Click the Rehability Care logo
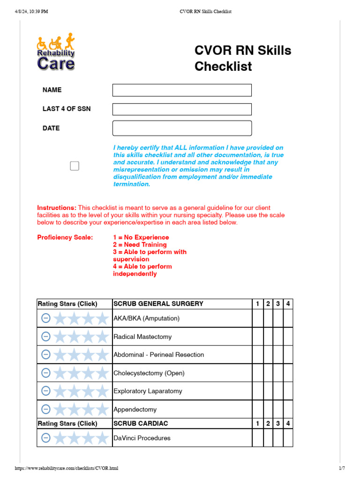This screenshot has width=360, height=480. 56,52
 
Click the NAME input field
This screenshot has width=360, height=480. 182,90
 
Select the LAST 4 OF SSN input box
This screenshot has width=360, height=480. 182,109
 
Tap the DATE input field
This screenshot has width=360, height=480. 182,128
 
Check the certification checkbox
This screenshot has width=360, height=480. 75,166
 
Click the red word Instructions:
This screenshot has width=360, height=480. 57,208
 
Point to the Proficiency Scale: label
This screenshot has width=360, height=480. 65,237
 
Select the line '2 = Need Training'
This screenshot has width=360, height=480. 140,245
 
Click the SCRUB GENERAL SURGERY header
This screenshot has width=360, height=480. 158,304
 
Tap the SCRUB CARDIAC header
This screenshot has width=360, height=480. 141,423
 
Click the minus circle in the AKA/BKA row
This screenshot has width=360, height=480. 46,318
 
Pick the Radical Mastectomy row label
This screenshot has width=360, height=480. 142,337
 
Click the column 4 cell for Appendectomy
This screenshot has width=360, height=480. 288,409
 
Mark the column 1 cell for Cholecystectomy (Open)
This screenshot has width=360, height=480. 257,373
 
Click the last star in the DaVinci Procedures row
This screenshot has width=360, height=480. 102,438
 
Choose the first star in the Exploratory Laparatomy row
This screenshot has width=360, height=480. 60,391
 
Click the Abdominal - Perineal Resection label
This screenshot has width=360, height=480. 158,355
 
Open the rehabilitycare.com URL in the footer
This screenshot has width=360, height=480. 67,468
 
